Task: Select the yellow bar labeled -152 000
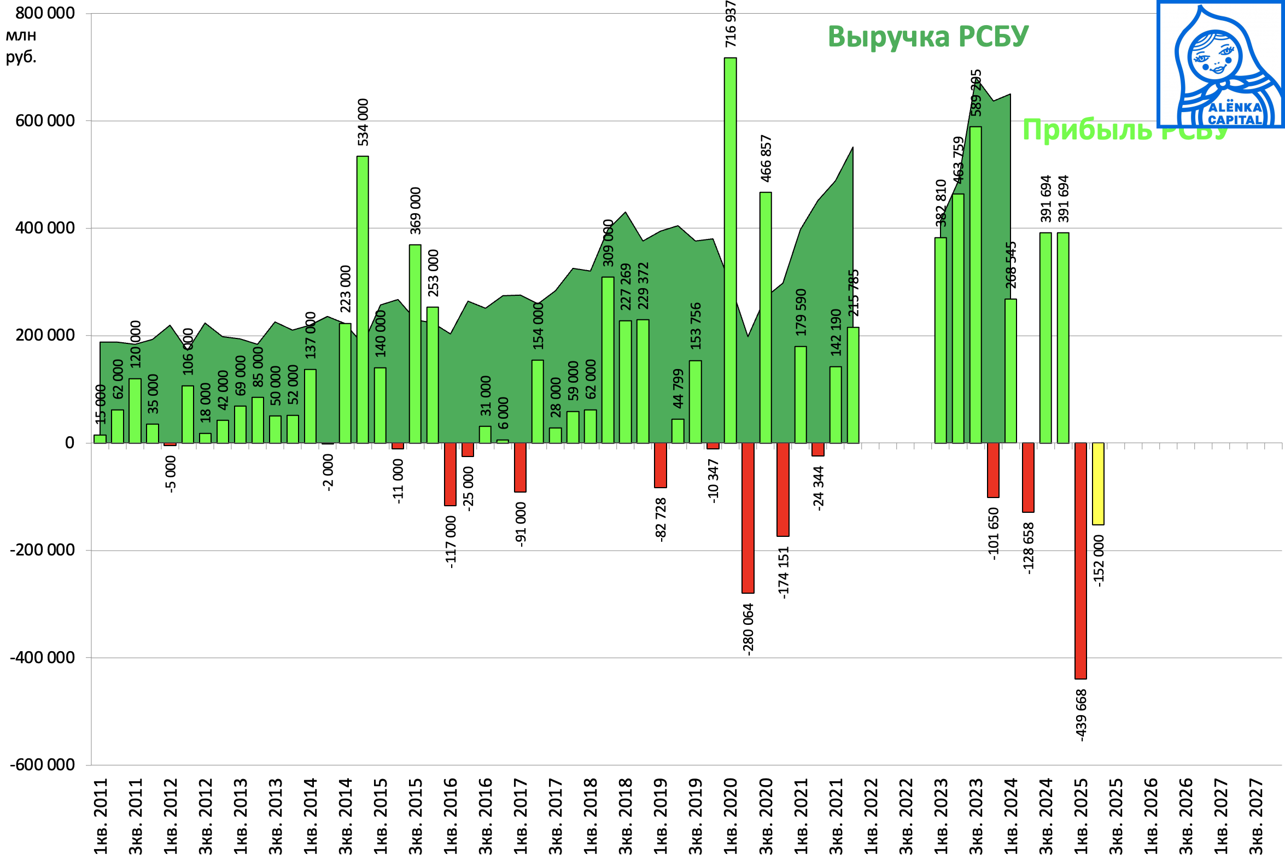point(1098,483)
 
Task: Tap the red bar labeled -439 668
point(1080,560)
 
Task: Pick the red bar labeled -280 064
point(747,518)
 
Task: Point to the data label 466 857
point(766,158)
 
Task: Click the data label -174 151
point(784,572)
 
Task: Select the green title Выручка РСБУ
point(928,37)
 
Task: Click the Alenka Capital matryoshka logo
point(1220,65)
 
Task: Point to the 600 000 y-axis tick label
point(45,120)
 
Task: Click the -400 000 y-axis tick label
point(43,657)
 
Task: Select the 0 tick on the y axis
point(69,442)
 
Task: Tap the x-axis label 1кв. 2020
point(731,816)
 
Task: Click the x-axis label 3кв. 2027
point(1255,816)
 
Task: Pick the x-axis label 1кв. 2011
point(101,816)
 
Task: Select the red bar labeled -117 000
point(450,474)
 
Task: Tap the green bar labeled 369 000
point(414,343)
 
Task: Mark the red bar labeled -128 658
point(1027,477)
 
